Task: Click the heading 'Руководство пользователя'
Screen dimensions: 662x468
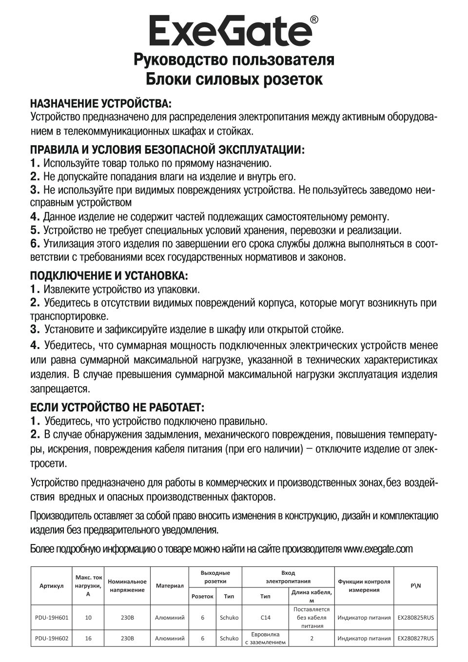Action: tap(234, 59)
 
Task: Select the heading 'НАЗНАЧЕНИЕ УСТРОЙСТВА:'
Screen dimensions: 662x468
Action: tap(101, 104)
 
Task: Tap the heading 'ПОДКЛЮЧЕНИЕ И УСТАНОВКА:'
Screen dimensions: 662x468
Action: tap(109, 276)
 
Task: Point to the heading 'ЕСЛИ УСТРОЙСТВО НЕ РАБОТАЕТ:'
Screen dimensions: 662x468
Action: tap(117, 407)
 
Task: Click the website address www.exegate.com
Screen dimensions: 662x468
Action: tap(378, 549)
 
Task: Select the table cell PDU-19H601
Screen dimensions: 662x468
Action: tap(52, 617)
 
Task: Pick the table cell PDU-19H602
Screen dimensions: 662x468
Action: tap(52, 638)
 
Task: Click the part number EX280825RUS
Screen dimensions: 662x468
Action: tap(416, 617)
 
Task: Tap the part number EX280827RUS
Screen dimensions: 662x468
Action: tap(416, 638)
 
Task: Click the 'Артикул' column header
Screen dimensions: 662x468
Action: tap(52, 585)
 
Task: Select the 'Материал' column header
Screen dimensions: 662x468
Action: tap(170, 585)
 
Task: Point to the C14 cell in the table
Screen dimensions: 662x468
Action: tap(265, 617)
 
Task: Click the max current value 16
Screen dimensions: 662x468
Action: tap(88, 638)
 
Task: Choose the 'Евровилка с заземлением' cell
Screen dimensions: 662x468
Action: tap(265, 638)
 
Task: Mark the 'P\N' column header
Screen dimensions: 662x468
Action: tap(416, 585)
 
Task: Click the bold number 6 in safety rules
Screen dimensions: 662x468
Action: tap(35, 243)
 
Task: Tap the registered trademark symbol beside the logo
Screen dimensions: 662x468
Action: tap(314, 20)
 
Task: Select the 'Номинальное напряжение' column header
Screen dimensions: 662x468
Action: tap(127, 585)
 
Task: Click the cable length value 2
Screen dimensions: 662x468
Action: tap(312, 638)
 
